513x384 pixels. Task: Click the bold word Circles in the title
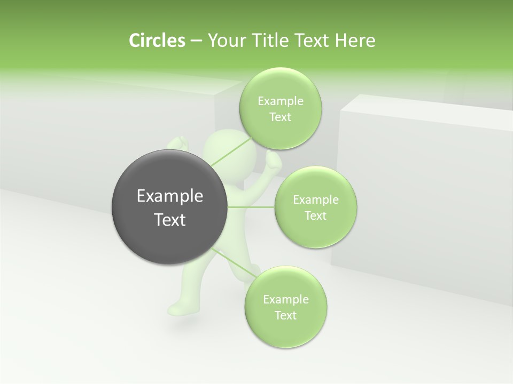[x=157, y=41]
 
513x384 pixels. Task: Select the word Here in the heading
[x=355, y=41]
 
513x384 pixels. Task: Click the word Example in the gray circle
[x=170, y=196]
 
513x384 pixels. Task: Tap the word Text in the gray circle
[x=170, y=220]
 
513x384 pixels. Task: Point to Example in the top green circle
[x=280, y=101]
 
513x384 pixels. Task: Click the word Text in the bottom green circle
[x=285, y=315]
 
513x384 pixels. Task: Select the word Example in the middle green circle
[x=315, y=200]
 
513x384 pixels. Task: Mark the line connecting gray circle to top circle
[x=231, y=151]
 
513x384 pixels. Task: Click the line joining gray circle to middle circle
[x=251, y=206]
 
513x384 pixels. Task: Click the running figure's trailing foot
[x=178, y=308]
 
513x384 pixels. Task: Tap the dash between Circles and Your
[x=196, y=41]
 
